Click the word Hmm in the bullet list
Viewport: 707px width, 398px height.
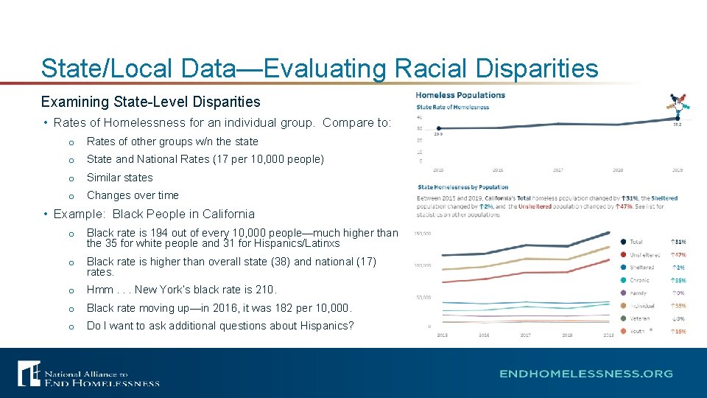click(x=100, y=290)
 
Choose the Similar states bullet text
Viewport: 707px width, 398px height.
click(x=119, y=178)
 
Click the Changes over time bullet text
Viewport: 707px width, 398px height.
click(x=133, y=195)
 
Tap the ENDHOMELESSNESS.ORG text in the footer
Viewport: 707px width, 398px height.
click(x=585, y=374)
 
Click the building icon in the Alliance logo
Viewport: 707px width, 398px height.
click(x=29, y=374)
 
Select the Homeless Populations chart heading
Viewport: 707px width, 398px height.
click(x=460, y=95)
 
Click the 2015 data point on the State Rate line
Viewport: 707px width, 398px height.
click(x=438, y=129)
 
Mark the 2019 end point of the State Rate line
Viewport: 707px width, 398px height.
click(x=677, y=118)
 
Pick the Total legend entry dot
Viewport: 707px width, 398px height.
click(x=624, y=242)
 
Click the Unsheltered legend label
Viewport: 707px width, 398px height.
click(x=645, y=255)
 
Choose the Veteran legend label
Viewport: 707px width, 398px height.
click(x=640, y=318)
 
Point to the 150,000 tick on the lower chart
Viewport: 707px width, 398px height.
click(x=422, y=234)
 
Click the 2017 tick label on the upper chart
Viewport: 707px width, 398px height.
click(x=557, y=170)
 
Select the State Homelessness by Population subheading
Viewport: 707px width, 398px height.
click(x=462, y=187)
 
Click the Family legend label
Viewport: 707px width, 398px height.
click(x=639, y=293)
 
